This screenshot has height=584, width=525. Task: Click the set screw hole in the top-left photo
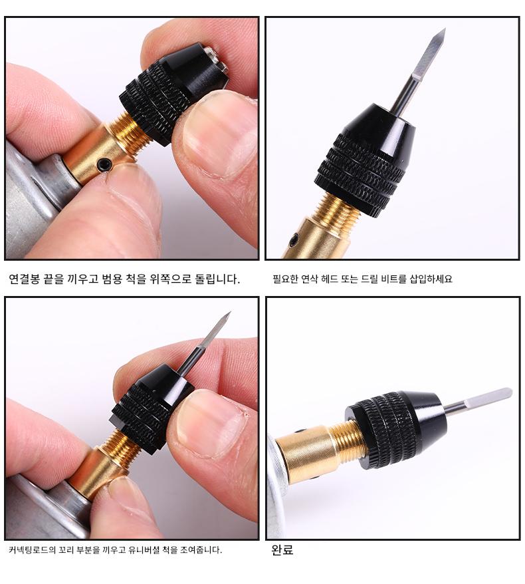pyautogui.click(x=104, y=164)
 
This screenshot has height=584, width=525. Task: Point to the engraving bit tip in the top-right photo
pyautogui.click(x=445, y=29)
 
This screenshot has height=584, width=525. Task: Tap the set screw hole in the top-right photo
pyautogui.click(x=296, y=238)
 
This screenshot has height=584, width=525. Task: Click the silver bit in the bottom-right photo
pyautogui.click(x=478, y=401)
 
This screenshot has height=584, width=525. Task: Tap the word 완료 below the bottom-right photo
pyautogui.click(x=282, y=549)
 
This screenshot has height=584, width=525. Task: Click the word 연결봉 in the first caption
pyautogui.click(x=24, y=279)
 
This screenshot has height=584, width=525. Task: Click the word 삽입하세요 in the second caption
pyautogui.click(x=431, y=279)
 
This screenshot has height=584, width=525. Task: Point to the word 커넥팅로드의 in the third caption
pyautogui.click(x=32, y=549)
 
